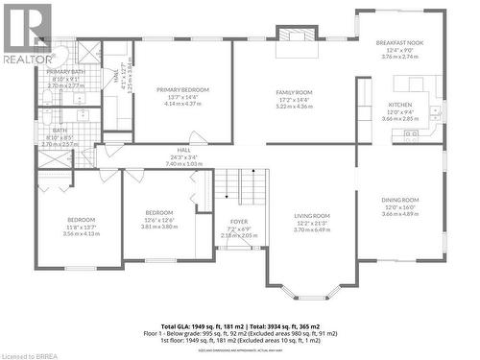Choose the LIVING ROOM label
312,216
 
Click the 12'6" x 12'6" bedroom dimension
159,220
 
